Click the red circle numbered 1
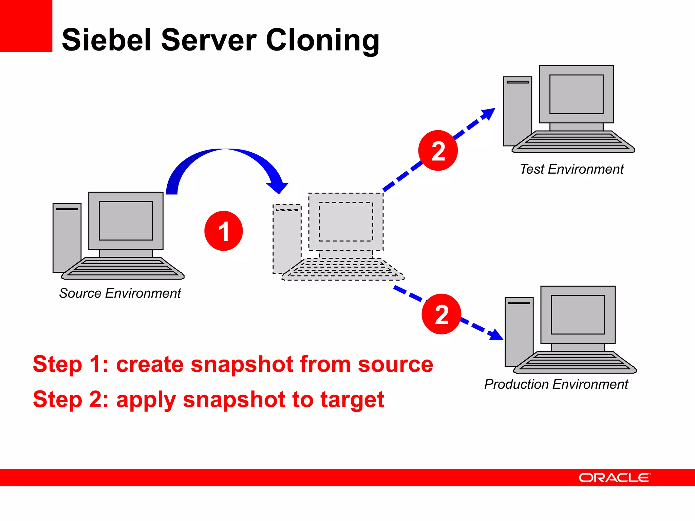[224, 231]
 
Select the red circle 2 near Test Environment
[438, 151]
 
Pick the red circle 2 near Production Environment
[442, 314]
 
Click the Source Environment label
[120, 293]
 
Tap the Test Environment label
[571, 169]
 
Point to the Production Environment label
[556, 384]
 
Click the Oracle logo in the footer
[615, 478]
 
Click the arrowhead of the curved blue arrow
[278, 187]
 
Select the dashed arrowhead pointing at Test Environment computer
[489, 114]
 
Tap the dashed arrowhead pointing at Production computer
[496, 335]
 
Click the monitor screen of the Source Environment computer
[126, 220]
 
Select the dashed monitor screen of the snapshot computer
[345, 221]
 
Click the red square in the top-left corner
[26, 26]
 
